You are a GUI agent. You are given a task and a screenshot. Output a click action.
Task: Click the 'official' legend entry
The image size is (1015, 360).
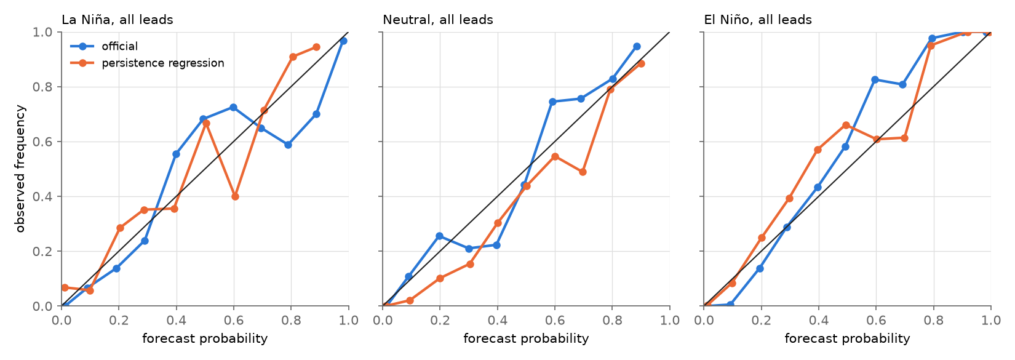click(x=119, y=46)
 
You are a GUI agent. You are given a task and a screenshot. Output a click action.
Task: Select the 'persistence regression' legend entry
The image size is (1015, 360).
click(x=162, y=63)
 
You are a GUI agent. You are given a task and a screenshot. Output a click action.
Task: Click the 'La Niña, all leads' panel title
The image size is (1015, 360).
click(x=117, y=20)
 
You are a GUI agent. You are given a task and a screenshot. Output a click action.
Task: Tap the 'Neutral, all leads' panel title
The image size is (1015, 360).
click(x=438, y=20)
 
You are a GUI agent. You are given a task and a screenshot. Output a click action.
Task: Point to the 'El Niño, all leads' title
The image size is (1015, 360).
click(x=758, y=20)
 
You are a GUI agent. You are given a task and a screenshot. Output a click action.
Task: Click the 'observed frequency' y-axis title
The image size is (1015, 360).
click(x=20, y=169)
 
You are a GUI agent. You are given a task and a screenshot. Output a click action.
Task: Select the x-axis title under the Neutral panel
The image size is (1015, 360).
click(x=526, y=338)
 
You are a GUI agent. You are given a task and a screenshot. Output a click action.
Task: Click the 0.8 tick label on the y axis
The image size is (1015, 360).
click(x=43, y=87)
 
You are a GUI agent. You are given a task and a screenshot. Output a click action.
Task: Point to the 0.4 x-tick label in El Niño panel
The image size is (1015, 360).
click(x=819, y=321)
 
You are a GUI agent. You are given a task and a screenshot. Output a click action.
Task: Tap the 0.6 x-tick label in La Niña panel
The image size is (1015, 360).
click(x=234, y=321)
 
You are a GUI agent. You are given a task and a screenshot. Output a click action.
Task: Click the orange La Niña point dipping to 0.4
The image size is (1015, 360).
click(x=235, y=197)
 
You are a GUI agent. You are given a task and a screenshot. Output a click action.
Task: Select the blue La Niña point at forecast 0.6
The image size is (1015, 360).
click(x=233, y=108)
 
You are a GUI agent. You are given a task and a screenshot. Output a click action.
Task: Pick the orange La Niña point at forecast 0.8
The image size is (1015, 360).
click(x=293, y=57)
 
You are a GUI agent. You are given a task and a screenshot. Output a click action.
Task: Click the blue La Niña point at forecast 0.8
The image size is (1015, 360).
click(x=288, y=145)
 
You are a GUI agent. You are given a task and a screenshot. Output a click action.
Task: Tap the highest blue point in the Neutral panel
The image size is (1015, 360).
click(x=637, y=47)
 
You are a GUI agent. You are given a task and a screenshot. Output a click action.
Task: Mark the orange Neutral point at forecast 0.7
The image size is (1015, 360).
click(x=583, y=172)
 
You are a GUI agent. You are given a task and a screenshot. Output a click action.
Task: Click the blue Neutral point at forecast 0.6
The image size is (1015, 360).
click(x=552, y=102)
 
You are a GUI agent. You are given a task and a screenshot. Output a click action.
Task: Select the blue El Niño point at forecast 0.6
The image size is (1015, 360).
click(x=875, y=80)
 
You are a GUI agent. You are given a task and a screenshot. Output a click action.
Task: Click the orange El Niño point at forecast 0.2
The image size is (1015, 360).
click(x=762, y=238)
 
